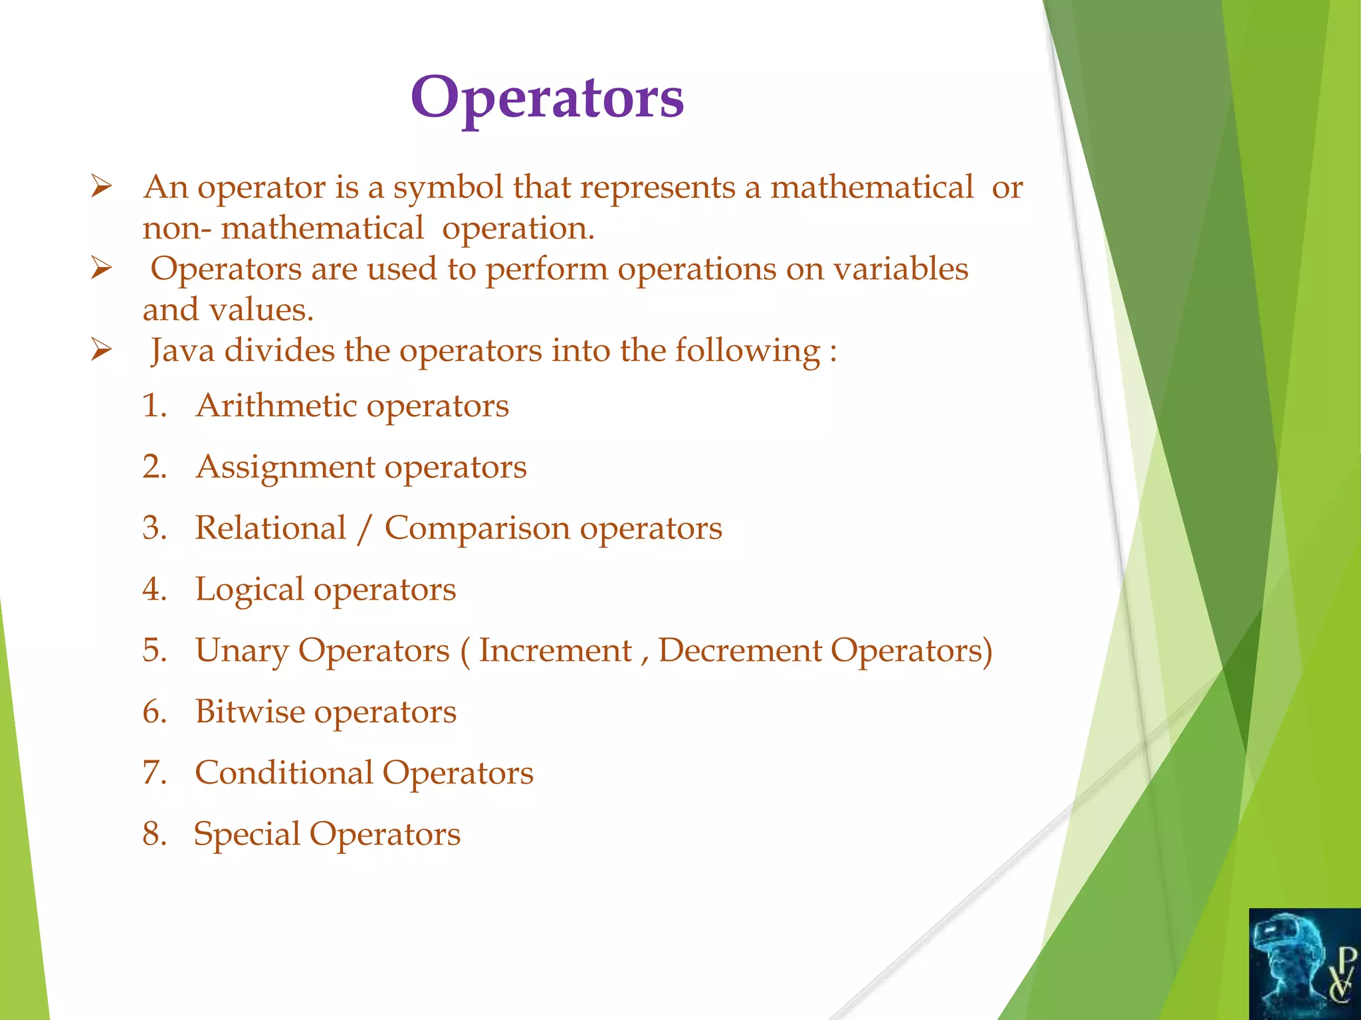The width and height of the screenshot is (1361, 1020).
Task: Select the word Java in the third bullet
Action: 182,350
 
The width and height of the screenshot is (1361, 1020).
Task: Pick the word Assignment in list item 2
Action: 285,467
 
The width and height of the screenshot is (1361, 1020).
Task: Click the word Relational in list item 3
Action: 270,528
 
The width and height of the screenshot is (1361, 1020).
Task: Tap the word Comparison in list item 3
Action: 477,529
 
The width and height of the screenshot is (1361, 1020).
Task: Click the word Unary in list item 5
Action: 241,651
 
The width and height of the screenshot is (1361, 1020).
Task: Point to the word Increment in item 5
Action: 555,650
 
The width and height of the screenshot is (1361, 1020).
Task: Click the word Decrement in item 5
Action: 740,650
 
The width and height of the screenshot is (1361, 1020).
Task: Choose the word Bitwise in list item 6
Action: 250,711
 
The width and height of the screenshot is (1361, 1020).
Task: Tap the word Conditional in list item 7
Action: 284,772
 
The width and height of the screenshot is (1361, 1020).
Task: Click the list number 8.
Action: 154,834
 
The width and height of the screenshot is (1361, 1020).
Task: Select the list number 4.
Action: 154,590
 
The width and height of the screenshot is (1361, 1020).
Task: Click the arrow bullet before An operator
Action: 101,187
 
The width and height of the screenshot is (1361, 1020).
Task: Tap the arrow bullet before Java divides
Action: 101,349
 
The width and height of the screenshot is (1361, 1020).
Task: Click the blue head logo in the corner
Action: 1304,964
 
